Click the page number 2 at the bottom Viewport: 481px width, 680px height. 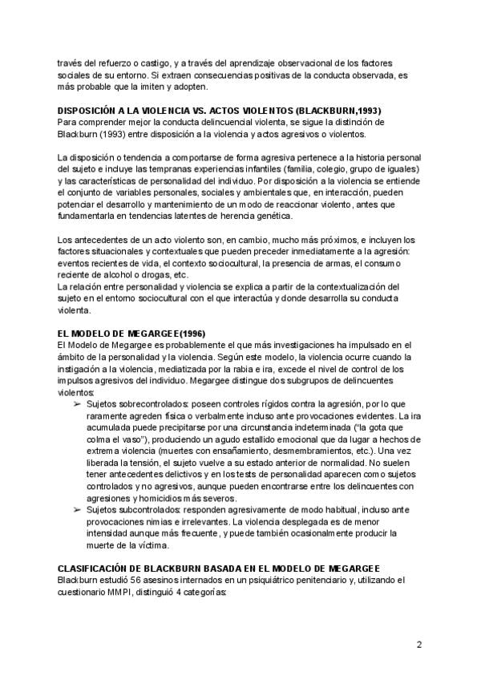tap(418, 644)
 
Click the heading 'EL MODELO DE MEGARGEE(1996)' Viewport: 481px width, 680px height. tap(127, 333)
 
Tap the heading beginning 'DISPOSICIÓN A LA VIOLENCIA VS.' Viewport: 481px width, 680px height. tap(218, 110)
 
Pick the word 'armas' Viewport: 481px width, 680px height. tap(336, 263)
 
